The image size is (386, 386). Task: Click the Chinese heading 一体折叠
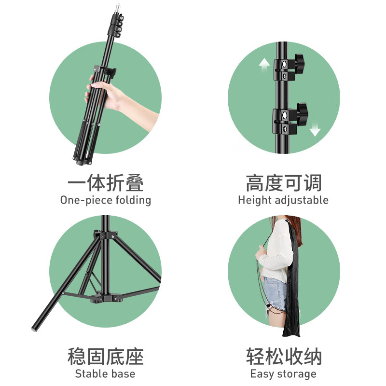point(105,184)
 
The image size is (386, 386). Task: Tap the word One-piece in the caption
point(85,200)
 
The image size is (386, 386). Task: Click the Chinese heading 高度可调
point(283,184)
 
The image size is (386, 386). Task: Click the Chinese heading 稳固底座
point(105,358)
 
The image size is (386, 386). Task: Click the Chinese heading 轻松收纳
point(283,358)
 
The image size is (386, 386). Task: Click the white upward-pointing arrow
point(264,65)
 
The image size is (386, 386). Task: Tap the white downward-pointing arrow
point(315,129)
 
